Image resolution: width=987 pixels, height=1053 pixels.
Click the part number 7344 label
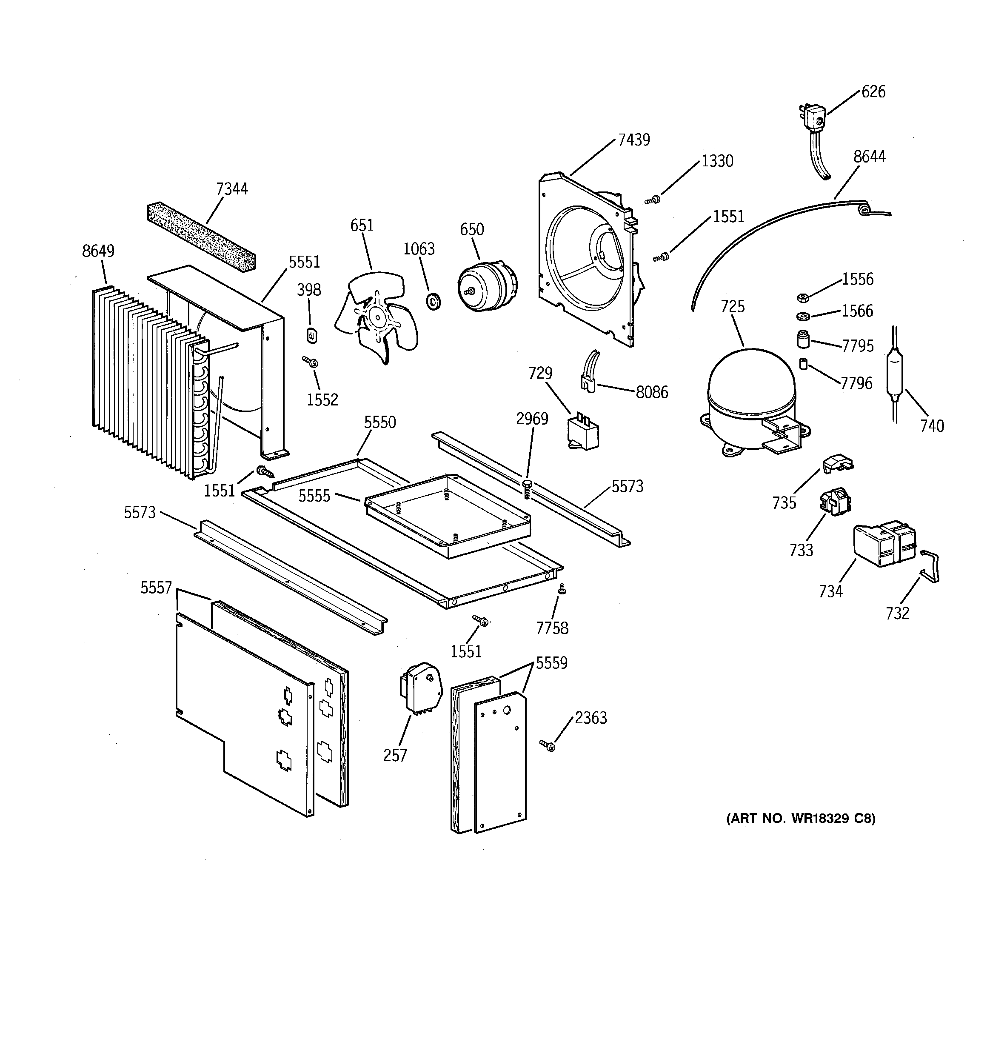(x=231, y=189)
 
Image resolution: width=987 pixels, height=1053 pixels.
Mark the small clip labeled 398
(x=312, y=335)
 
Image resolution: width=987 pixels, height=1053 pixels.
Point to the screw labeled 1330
(x=654, y=200)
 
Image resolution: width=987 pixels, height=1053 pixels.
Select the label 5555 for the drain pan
(x=314, y=497)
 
